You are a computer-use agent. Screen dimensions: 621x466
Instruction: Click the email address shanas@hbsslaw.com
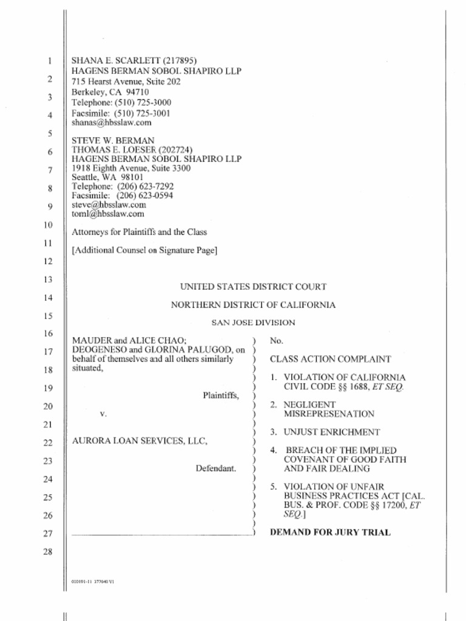[x=112, y=122]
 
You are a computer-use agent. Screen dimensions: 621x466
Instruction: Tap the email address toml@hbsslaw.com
[x=108, y=213]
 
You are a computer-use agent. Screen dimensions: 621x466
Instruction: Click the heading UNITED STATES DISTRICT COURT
[x=253, y=286]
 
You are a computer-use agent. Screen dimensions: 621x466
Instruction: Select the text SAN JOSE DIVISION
[x=253, y=323]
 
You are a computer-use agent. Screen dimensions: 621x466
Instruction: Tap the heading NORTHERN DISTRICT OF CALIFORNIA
[x=253, y=305]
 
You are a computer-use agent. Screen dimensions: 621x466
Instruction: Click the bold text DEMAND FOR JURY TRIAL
[x=330, y=532]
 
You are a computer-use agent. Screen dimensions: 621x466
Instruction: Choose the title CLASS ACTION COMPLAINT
[x=330, y=359]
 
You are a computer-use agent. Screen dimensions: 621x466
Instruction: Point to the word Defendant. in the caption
[x=216, y=469]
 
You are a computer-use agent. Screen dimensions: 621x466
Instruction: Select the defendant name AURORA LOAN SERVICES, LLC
[x=140, y=441]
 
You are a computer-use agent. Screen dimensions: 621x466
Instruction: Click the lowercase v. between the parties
[x=103, y=414]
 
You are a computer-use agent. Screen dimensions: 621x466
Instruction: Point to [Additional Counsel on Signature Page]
[x=144, y=250]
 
